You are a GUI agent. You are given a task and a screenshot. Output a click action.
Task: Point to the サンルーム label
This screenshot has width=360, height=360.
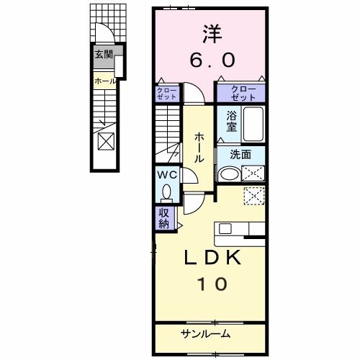(x=205, y=333)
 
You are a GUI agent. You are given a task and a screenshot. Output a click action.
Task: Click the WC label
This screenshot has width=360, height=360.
(x=166, y=174)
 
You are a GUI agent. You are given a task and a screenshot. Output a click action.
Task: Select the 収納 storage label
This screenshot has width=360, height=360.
(x=165, y=217)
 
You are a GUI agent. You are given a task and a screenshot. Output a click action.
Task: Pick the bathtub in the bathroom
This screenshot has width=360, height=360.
(x=253, y=124)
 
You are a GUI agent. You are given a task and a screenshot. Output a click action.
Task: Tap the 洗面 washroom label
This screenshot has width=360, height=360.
(x=240, y=154)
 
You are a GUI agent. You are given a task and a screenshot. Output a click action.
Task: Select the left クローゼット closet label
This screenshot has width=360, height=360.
(x=165, y=93)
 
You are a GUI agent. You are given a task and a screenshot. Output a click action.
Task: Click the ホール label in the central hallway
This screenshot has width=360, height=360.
(x=197, y=148)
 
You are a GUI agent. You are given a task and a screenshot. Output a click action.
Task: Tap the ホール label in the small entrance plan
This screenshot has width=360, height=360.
(x=105, y=81)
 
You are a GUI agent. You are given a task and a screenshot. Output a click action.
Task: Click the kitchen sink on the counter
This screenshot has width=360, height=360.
(x=225, y=229)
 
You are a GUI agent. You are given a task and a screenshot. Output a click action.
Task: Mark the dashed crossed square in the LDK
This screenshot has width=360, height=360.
(x=253, y=196)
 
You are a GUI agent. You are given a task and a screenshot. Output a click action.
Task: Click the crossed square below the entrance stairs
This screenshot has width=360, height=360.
(x=105, y=140)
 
